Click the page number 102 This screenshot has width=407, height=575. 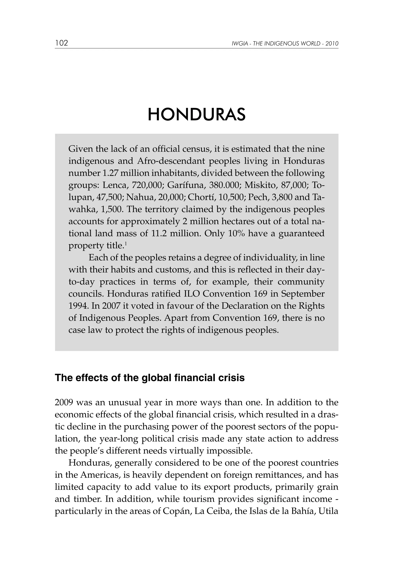(x=61, y=43)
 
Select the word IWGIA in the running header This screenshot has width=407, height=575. (x=238, y=44)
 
